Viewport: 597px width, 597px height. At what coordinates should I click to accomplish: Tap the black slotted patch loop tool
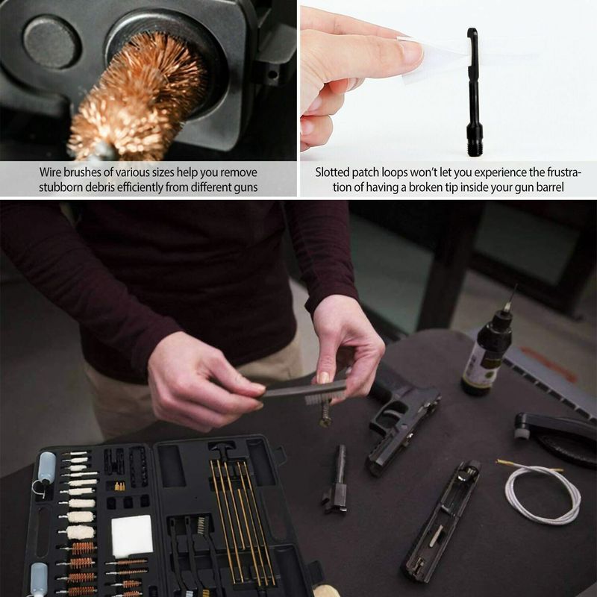pos(474,91)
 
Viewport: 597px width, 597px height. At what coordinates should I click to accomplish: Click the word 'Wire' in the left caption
pos(50,172)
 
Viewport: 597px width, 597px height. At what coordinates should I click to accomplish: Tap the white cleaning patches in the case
pos(132,536)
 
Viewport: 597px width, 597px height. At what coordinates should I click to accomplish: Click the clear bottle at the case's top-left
pos(46,469)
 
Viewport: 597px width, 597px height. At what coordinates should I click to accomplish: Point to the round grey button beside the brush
pos(51,43)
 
